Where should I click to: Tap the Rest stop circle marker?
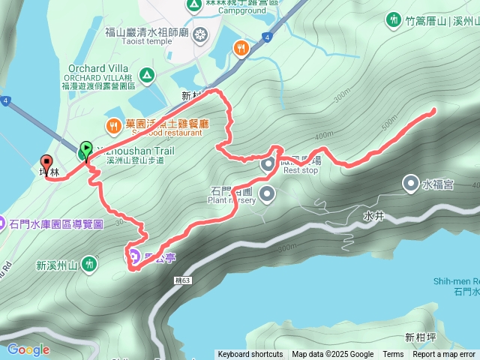pyautogui.click(x=268, y=163)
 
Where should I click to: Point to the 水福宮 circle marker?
pyautogui.click(x=411, y=182)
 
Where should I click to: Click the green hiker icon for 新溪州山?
pyautogui.click(x=90, y=263)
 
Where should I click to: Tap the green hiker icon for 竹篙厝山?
pyautogui.click(x=392, y=20)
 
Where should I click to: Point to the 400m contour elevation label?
pyautogui.click(x=324, y=136)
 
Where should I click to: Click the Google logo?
pyautogui.click(x=28, y=349)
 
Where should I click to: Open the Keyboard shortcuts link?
pyautogui.click(x=250, y=355)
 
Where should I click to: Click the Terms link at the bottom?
pyautogui.click(x=393, y=355)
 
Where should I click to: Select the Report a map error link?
pyautogui.click(x=444, y=355)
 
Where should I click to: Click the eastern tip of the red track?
pyautogui.click(x=434, y=112)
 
